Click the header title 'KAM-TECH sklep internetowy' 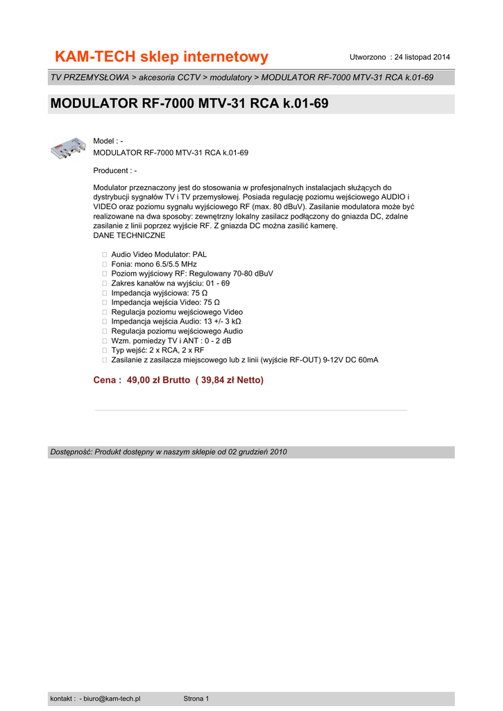point(162,56)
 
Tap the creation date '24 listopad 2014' point(423,56)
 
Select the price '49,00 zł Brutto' point(158,380)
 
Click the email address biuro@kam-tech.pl point(112,699)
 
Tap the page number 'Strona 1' point(196,699)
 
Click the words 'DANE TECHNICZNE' point(129,235)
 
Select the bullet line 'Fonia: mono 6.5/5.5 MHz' point(154,265)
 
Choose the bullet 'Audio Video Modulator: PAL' point(159,255)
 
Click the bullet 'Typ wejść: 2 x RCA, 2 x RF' point(157,350)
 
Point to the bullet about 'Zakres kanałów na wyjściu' point(170,283)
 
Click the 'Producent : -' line point(114,171)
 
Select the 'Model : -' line point(108,142)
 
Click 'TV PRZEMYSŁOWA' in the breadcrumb point(89,77)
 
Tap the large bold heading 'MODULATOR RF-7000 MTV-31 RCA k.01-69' point(189,104)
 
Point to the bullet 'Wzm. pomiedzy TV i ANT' point(171,341)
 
